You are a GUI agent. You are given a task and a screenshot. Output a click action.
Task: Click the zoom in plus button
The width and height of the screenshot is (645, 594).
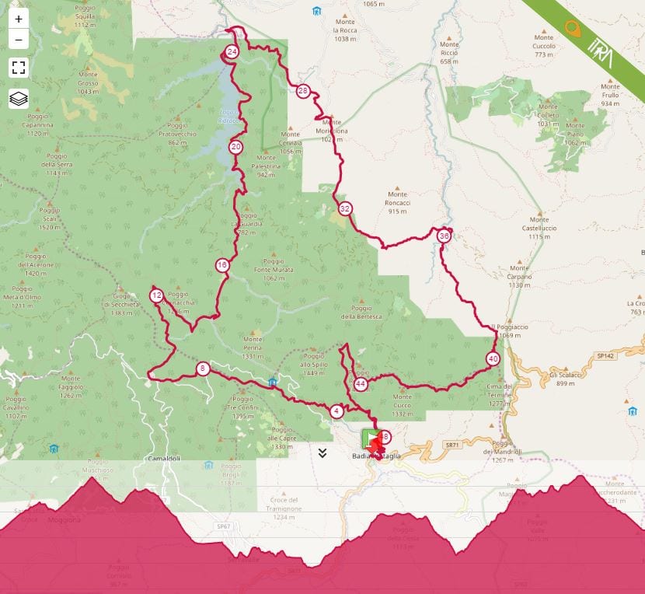point(19,19)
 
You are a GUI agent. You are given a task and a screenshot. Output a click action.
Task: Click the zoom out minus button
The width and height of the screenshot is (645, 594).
point(19,39)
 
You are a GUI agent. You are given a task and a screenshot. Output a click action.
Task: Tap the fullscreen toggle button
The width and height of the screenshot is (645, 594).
point(19,68)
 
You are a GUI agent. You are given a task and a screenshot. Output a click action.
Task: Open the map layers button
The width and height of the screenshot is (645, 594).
point(19,99)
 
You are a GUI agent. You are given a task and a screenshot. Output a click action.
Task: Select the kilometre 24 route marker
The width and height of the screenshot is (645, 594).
point(232,52)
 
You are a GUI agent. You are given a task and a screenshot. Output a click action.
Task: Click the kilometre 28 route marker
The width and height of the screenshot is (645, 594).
point(303,91)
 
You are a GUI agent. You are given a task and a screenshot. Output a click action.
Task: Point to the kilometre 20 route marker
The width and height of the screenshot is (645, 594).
point(235,146)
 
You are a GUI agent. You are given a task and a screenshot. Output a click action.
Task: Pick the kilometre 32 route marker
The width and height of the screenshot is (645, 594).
point(345,208)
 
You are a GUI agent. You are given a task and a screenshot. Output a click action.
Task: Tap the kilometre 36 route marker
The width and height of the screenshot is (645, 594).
point(444,236)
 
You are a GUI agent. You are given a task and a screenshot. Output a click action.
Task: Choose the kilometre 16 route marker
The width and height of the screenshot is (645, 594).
point(223,265)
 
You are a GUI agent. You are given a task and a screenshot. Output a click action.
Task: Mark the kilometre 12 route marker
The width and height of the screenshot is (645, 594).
point(157,295)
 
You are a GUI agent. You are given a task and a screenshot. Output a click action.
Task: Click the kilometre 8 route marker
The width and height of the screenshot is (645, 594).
point(203,369)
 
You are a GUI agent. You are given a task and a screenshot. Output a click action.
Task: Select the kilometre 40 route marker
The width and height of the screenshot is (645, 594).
point(493,359)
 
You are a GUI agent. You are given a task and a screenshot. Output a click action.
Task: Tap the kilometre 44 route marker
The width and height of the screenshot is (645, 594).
point(361,384)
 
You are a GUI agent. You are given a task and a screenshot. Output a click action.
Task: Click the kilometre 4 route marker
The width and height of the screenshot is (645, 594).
point(336,411)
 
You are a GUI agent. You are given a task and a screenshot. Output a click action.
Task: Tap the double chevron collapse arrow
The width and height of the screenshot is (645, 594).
point(322,453)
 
